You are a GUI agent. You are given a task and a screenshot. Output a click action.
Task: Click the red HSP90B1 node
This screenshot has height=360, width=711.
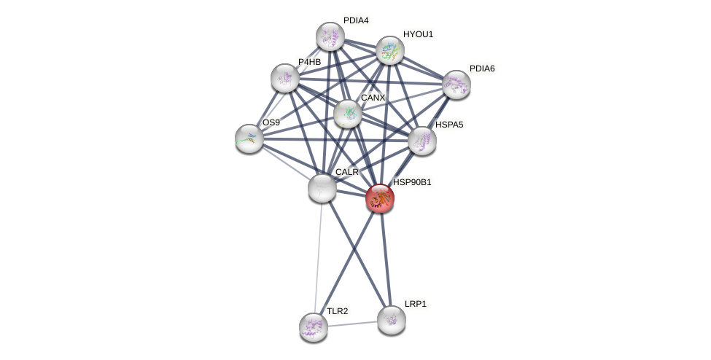380,197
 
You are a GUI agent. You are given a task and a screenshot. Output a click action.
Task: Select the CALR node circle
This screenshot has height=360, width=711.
322,187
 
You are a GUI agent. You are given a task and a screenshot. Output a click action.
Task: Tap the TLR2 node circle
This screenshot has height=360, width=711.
314,326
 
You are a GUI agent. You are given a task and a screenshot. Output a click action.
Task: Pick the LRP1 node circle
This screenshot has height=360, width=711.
391,319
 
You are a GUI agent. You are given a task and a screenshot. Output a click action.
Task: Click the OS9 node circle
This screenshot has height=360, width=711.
249,138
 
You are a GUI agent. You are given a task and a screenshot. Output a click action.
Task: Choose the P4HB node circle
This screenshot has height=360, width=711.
285,78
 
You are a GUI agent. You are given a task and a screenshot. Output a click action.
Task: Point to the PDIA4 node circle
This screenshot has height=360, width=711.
330,36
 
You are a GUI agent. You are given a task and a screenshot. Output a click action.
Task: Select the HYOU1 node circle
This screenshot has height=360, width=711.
390,50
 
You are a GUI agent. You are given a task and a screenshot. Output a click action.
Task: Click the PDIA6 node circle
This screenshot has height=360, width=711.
456,84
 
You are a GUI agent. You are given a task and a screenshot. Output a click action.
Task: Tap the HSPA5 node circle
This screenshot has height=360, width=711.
421,141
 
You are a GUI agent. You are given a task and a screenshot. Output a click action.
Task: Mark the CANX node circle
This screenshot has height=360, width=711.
348,113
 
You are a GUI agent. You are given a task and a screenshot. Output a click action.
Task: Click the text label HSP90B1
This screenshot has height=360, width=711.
412,182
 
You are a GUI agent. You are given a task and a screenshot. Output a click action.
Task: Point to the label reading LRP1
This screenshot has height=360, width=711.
416,304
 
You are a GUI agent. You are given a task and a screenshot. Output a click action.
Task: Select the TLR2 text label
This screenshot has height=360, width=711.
337,311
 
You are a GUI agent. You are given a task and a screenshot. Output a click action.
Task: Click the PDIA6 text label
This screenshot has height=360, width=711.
481,69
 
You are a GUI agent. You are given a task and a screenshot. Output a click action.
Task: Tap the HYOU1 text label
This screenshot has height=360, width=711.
418,34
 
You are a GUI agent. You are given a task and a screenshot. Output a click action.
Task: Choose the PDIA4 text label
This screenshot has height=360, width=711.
356,20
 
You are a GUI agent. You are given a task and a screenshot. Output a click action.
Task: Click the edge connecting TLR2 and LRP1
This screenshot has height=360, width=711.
352,323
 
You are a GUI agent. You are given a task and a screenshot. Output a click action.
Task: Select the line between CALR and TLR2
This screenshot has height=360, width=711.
318,255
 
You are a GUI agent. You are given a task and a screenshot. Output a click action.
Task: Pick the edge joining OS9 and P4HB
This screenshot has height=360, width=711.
267,108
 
